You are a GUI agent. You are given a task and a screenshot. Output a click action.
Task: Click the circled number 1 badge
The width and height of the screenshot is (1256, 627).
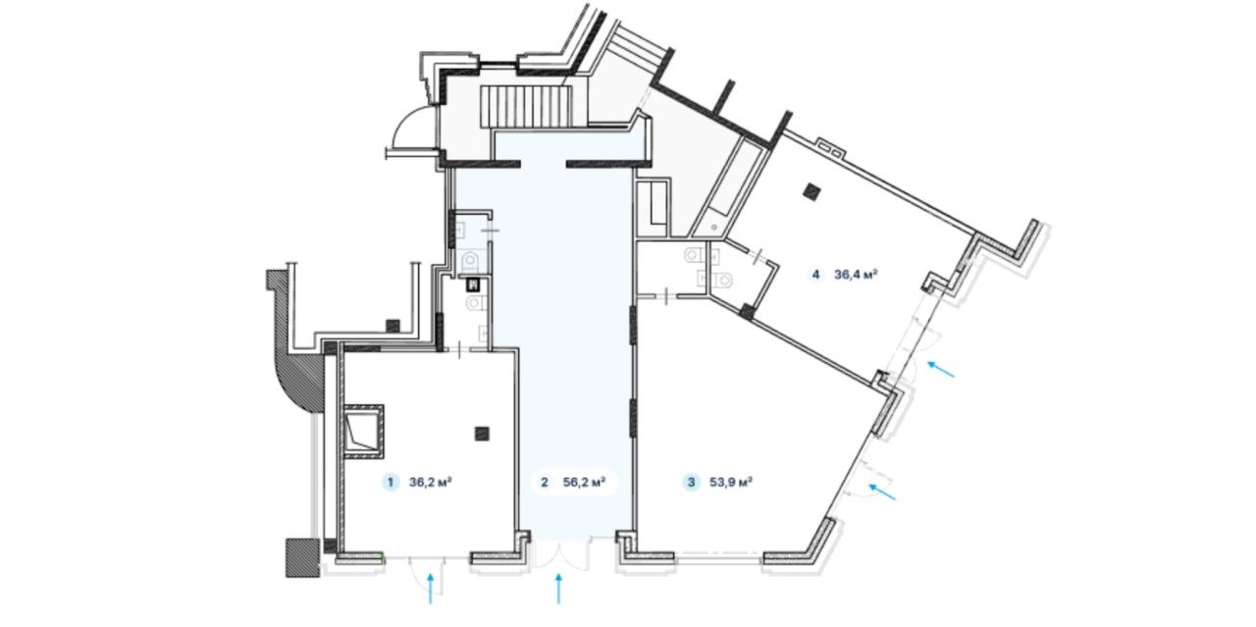point(391,483)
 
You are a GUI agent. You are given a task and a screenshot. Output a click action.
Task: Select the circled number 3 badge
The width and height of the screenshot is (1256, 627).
point(692,483)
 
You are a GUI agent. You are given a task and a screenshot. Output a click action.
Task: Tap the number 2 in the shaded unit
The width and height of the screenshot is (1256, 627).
point(544,483)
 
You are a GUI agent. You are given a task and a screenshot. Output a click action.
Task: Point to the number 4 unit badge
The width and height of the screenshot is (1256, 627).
point(815,275)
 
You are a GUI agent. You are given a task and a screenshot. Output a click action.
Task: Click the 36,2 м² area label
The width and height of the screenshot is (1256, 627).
point(431,483)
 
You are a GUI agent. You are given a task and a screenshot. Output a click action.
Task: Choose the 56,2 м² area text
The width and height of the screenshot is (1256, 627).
point(584,483)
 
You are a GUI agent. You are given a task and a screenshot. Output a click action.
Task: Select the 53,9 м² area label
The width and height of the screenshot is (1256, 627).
point(731,483)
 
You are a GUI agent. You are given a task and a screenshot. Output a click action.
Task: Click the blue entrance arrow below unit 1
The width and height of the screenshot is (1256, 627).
point(431,589)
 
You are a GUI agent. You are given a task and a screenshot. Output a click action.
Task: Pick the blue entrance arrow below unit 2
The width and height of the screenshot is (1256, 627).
point(558,589)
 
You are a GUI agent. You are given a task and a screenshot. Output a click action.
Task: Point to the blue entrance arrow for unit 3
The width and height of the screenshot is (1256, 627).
point(882,492)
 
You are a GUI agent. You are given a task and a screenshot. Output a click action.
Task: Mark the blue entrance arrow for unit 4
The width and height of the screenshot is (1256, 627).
point(941,369)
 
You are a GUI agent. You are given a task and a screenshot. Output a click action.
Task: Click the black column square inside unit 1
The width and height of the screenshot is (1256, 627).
point(482,433)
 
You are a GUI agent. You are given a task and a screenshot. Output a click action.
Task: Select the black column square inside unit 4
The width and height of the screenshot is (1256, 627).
point(811,191)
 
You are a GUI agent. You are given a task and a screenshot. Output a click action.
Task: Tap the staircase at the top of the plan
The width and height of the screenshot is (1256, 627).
point(527,107)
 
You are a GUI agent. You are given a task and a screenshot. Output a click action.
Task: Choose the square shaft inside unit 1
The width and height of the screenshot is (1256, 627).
point(363,432)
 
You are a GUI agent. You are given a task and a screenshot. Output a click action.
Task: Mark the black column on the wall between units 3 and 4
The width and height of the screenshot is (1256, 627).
point(746,311)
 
